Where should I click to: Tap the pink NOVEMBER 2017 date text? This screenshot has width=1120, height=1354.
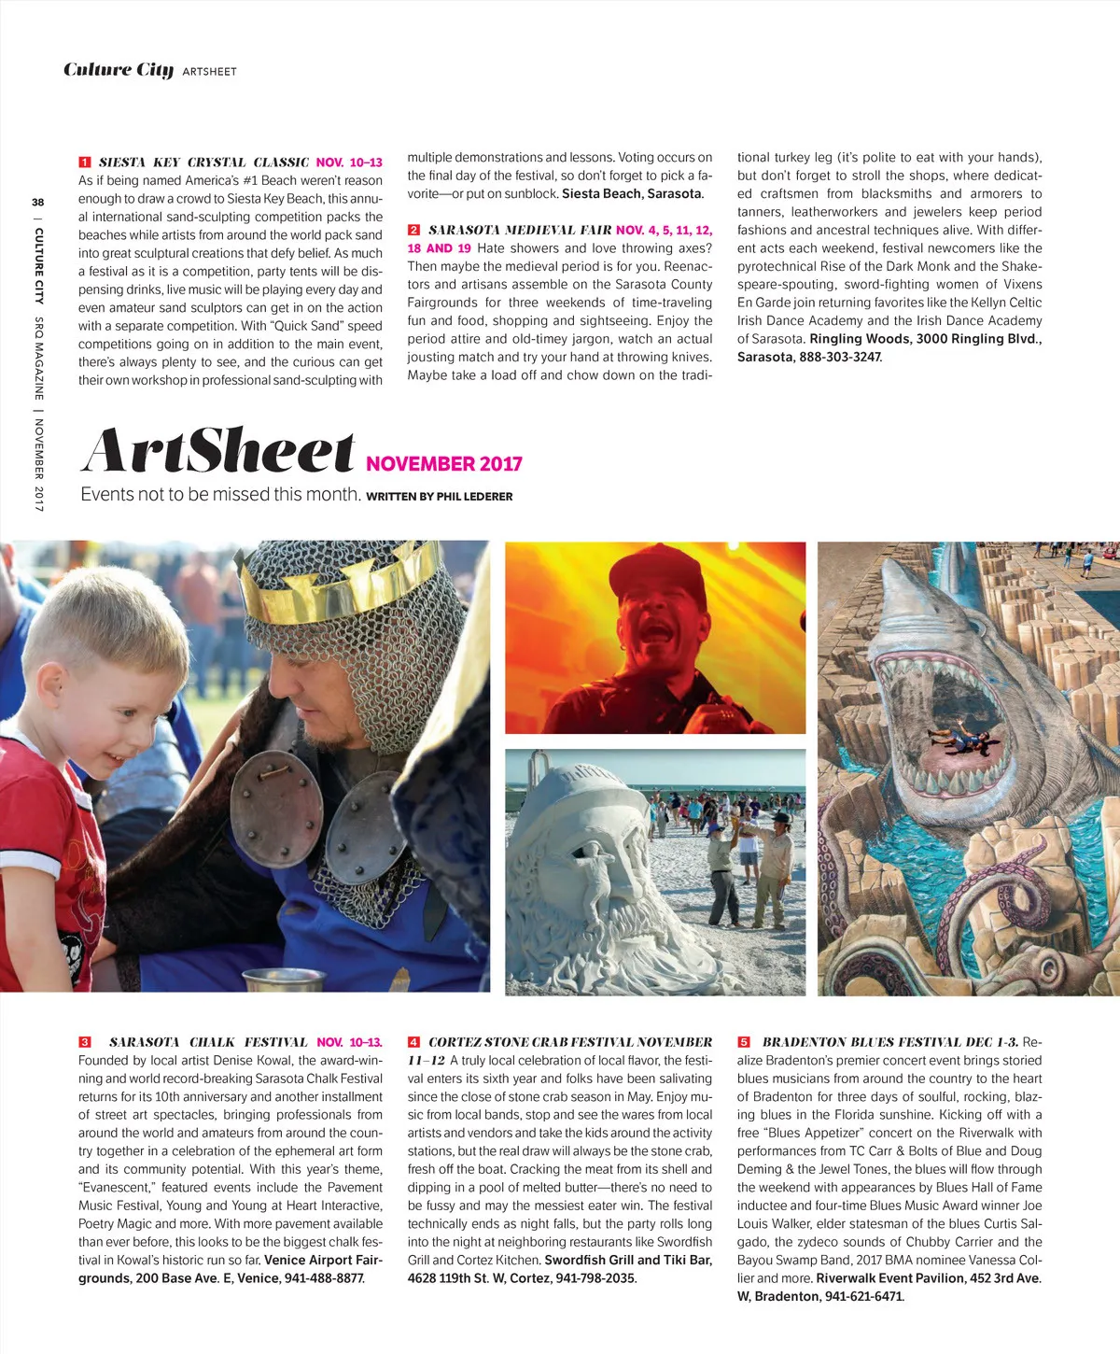443,464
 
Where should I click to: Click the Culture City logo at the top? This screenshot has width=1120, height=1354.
119,70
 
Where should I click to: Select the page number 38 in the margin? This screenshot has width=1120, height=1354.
38,202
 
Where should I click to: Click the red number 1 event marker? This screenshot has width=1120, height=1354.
85,162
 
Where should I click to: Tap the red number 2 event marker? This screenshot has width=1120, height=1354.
413,230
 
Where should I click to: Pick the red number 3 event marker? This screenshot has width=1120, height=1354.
85,1042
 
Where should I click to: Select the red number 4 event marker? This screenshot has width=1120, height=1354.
413,1042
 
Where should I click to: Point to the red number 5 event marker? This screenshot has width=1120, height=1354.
743,1042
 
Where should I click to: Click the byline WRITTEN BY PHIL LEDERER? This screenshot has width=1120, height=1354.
440,497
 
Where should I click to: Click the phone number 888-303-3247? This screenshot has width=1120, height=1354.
839,358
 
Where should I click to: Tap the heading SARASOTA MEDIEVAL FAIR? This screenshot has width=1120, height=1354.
520,230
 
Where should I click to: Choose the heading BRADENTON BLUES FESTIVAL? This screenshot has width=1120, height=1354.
876,1042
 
